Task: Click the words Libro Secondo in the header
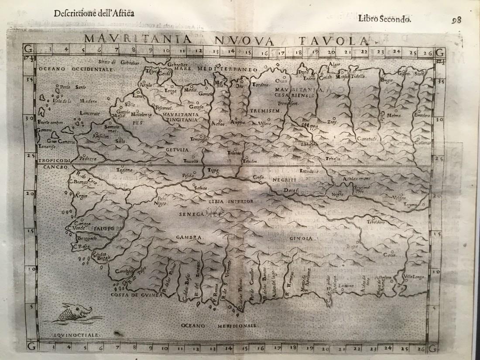[384, 18]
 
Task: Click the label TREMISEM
[264, 111]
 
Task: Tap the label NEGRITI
[284, 179]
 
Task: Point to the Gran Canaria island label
[62, 142]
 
